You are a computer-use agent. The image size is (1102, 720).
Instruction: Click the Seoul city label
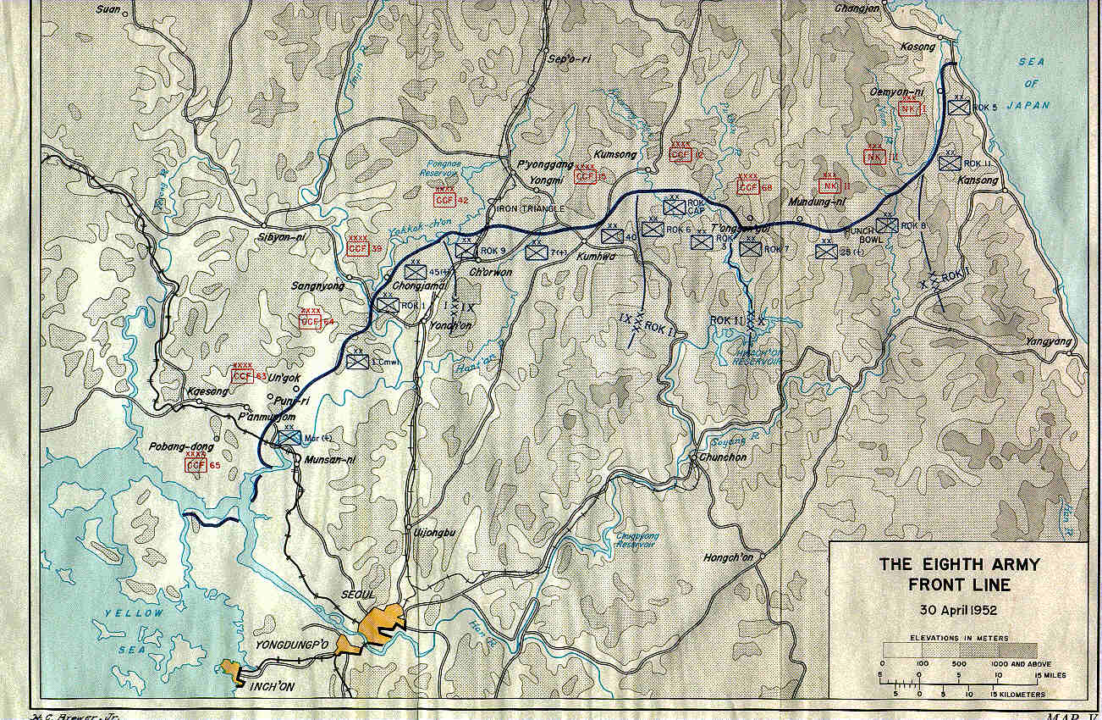(x=358, y=595)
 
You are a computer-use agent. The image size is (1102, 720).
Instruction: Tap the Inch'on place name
(x=272, y=686)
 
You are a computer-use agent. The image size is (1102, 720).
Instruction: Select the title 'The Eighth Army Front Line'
(x=958, y=574)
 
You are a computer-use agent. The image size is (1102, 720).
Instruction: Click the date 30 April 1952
(x=957, y=609)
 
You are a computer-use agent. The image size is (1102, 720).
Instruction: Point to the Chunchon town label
(x=724, y=457)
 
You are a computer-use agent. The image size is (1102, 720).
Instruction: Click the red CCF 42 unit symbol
(x=444, y=200)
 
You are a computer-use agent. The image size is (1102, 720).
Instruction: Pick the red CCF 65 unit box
(x=196, y=464)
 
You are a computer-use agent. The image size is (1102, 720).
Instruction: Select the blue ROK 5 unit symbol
(x=959, y=107)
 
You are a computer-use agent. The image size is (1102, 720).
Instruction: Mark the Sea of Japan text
(x=1031, y=83)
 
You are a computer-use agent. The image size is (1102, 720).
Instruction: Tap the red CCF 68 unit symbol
(x=748, y=187)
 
